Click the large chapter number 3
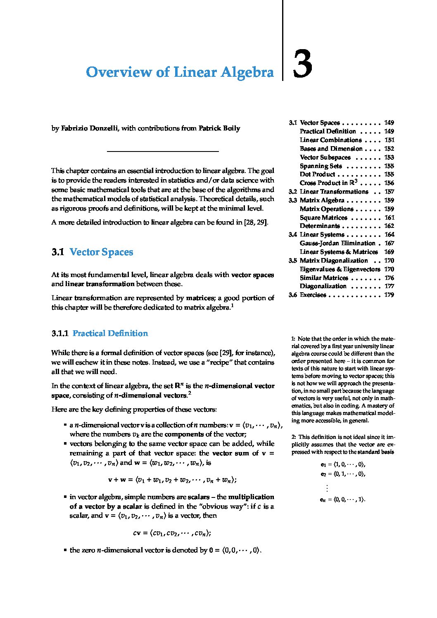pos(302,64)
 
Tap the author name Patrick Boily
pos(219,128)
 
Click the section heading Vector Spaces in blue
pos(101,252)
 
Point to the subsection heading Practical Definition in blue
pos(110,333)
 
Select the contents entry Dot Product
pos(317,174)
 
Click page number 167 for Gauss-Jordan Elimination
pos(389,243)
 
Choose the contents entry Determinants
pos(320,226)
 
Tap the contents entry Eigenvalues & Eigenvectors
pos(340,269)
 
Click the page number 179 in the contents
pos(389,295)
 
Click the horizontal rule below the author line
pos(163,152)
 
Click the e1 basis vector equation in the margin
pos(343,464)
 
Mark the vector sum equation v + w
pos(172,480)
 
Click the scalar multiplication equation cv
pos(172,533)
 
